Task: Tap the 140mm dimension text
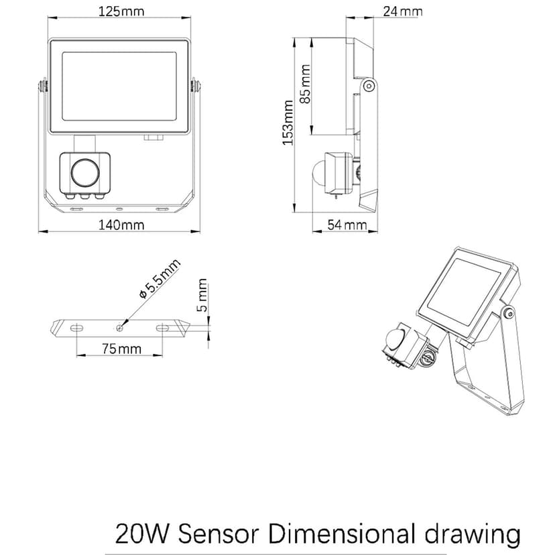click(x=121, y=225)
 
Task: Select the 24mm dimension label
click(x=402, y=11)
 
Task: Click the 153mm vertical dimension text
click(x=288, y=123)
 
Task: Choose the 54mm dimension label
click(x=347, y=225)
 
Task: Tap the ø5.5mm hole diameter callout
click(x=158, y=280)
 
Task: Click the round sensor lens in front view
click(x=84, y=172)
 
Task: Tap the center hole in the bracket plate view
click(x=119, y=328)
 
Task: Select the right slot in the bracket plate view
click(x=164, y=328)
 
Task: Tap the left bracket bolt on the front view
click(x=43, y=86)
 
